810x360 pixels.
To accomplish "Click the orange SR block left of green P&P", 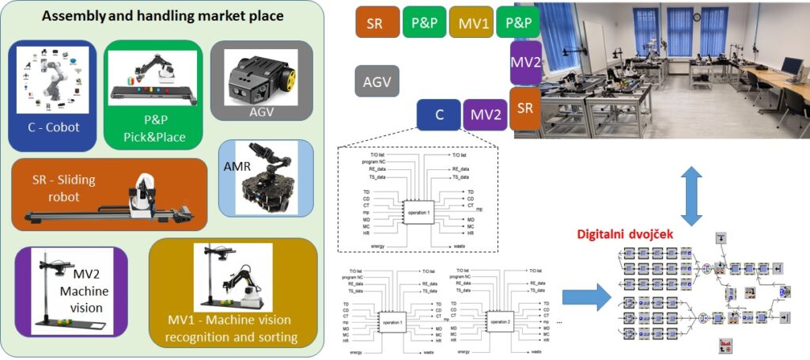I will [375, 23].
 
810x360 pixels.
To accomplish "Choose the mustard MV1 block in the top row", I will [471, 23].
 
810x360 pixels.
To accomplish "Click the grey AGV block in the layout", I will [377, 81].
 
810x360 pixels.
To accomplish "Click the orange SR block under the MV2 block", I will [525, 107].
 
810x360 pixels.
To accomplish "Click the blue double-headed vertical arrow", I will [693, 194].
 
